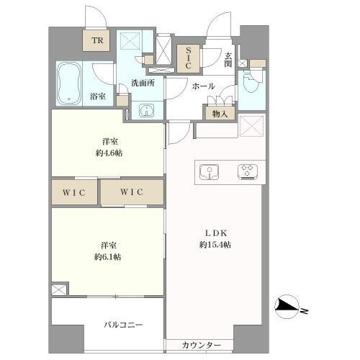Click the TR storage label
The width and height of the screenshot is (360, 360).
(96, 42)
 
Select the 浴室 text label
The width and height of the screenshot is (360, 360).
(99, 95)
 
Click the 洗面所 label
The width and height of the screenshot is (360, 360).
(143, 84)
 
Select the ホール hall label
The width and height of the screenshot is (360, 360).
(202, 86)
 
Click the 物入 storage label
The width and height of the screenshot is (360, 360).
(220, 113)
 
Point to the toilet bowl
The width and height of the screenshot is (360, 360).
(251, 84)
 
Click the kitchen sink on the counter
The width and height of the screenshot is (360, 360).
(208, 171)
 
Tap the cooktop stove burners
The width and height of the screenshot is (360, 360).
(248, 171)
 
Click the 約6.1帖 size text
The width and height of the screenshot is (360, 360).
(107, 256)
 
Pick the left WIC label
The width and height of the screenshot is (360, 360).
(74, 192)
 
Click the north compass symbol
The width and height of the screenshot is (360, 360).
(289, 309)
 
